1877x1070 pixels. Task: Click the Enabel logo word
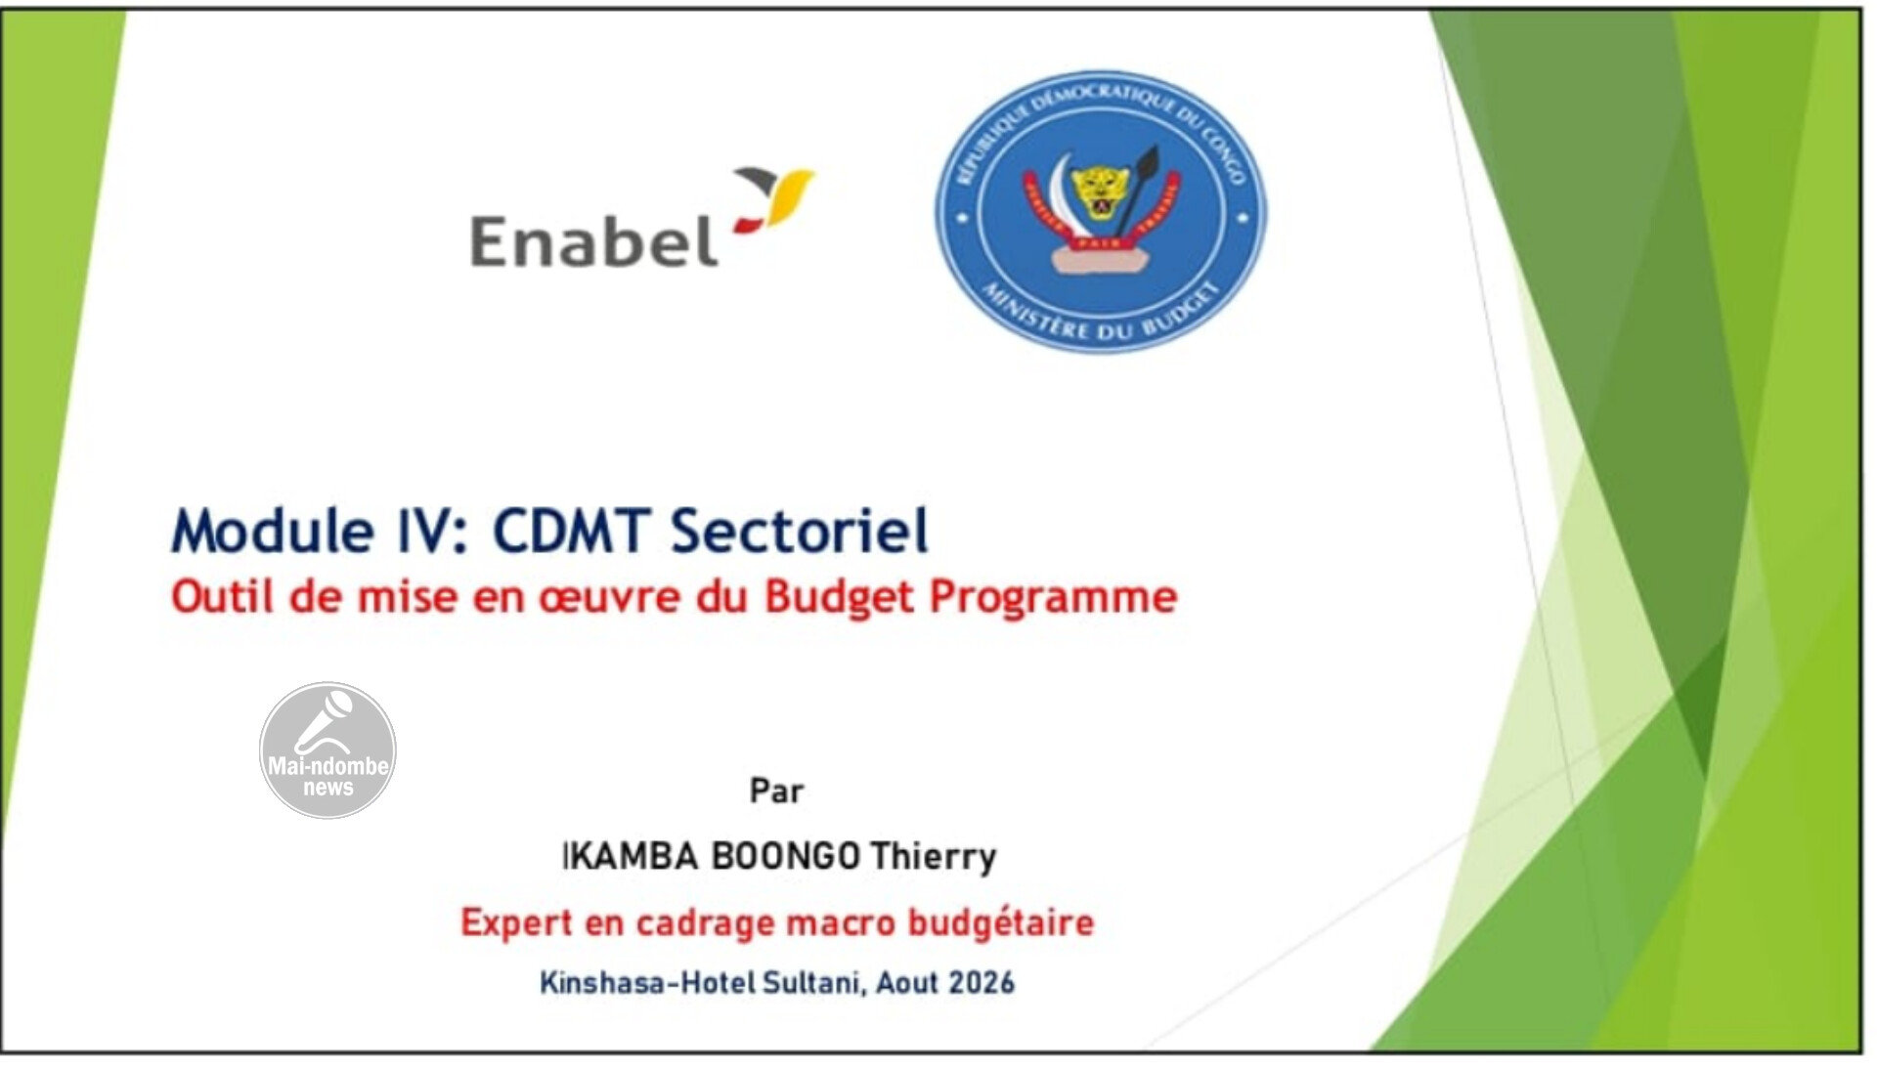coord(594,240)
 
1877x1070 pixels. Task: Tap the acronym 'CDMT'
coord(571,531)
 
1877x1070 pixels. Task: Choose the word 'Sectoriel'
coord(799,531)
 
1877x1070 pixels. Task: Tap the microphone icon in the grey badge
coord(325,721)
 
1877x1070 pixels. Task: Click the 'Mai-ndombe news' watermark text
coord(328,776)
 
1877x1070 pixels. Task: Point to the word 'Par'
coord(776,790)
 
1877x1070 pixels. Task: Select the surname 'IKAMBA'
coord(631,856)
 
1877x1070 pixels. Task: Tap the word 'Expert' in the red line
coord(516,922)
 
